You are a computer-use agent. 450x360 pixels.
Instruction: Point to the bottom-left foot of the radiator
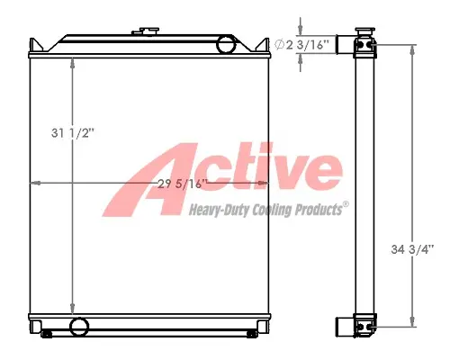click(48, 335)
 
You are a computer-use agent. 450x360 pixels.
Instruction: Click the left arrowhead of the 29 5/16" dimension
click(34, 184)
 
